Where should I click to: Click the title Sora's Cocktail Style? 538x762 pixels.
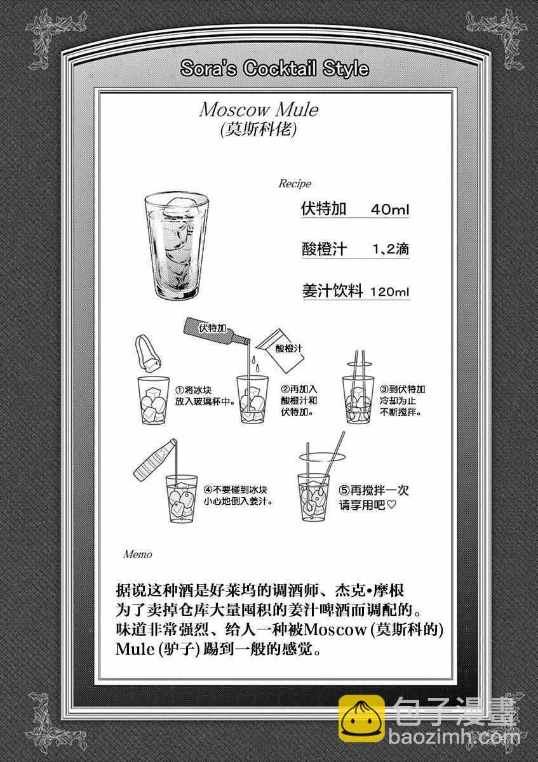pos(274,69)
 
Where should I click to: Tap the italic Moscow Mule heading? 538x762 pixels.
pos(259,109)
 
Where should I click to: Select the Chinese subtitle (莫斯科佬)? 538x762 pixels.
pos(259,130)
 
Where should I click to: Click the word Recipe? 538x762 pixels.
pos(295,184)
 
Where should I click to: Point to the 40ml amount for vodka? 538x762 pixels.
pos(389,209)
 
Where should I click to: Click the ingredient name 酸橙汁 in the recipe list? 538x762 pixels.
pos(324,249)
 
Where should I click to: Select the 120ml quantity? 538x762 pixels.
pos(389,291)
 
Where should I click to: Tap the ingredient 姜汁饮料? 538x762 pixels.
pos(332,291)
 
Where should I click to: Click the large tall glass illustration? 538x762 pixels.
pos(177,246)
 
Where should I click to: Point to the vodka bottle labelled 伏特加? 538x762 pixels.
pos(217,330)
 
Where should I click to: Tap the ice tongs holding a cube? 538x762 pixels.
pos(148,355)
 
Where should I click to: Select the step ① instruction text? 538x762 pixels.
pos(206,396)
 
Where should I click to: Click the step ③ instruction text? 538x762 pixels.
pos(402,401)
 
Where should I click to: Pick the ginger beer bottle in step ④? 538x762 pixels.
pos(155,460)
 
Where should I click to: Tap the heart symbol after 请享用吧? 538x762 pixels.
pos(392,504)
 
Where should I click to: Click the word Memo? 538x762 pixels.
pos(137,554)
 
